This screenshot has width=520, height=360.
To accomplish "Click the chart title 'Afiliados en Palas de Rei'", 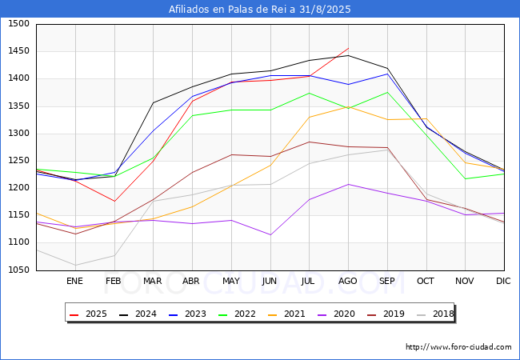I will (259, 10).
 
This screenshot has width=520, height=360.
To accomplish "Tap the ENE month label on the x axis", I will (74, 281).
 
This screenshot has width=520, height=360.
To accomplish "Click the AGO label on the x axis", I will (348, 281).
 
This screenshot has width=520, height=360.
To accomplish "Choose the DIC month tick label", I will (503, 281).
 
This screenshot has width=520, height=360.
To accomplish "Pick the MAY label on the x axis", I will (230, 281).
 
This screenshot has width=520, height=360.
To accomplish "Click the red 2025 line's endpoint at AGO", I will (348, 48).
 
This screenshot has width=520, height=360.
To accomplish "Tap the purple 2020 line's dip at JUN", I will (270, 235).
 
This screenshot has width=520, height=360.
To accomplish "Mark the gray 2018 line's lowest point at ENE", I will (74, 266).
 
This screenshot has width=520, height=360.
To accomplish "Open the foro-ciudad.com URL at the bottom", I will (458, 347).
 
